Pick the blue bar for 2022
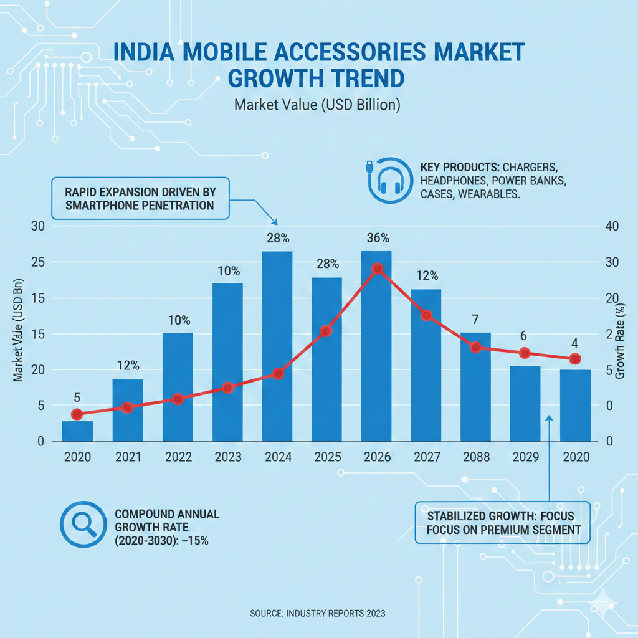coord(178,387)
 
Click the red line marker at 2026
coord(377,269)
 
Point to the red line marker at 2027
coord(426,315)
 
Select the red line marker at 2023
coord(227,388)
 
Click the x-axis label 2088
coord(477,457)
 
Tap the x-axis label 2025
coord(327,457)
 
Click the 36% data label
coord(378,238)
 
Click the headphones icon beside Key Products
coord(388,181)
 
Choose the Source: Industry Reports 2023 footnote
coord(318,614)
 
